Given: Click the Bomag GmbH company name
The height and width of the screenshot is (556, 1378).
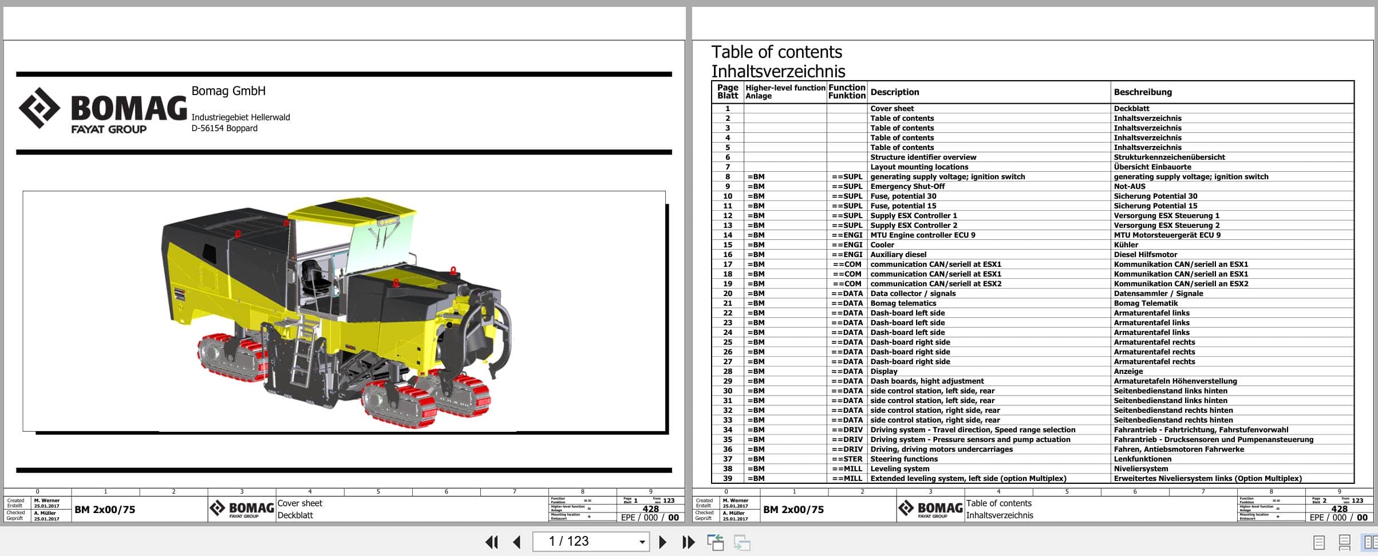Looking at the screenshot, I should [228, 91].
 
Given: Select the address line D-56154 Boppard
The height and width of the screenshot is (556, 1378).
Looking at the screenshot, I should [224, 128].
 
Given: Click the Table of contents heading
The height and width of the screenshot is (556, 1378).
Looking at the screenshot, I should [776, 52].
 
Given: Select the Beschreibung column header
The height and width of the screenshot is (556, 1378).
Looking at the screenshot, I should [1142, 92].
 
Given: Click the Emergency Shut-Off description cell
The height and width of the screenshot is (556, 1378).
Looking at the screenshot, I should [907, 187].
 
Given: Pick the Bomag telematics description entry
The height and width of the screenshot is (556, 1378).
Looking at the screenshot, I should [903, 303].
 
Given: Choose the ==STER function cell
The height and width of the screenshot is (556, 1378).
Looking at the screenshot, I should [847, 459].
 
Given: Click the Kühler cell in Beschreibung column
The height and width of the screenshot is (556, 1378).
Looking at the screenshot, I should [1126, 245].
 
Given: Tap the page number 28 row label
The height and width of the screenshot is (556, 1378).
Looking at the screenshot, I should [727, 372].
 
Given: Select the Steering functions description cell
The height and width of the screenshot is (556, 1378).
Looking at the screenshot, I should [903, 459].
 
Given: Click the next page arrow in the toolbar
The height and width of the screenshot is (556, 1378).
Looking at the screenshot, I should [662, 542].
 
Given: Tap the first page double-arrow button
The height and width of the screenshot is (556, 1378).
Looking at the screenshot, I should [491, 542].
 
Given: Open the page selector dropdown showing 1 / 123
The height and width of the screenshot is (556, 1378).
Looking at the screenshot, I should [642, 542].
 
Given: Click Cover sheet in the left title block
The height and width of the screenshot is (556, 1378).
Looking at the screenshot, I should [299, 503].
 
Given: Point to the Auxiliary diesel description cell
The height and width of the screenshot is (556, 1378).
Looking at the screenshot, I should [898, 255].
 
